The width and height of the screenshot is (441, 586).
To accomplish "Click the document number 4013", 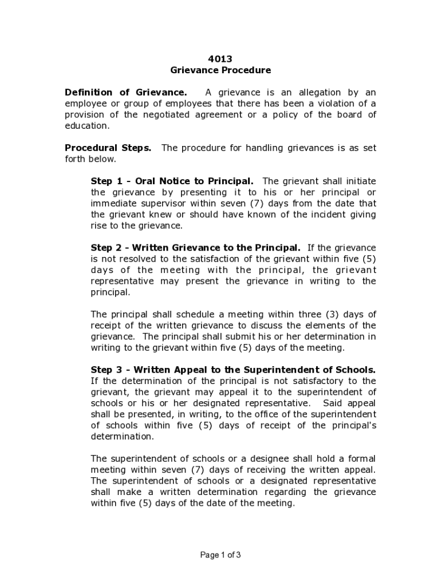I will [220, 59].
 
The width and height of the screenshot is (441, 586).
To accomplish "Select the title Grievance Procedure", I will [220, 70].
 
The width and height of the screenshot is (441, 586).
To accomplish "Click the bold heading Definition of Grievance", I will [125, 93].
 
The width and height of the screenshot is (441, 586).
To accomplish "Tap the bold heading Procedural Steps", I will [108, 148].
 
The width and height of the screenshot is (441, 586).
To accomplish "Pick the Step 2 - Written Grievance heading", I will [195, 248].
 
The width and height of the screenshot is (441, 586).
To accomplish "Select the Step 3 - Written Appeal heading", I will [233, 370].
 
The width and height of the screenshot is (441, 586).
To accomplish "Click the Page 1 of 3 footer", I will [220, 555].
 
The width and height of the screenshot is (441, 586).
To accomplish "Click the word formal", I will [362, 458].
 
